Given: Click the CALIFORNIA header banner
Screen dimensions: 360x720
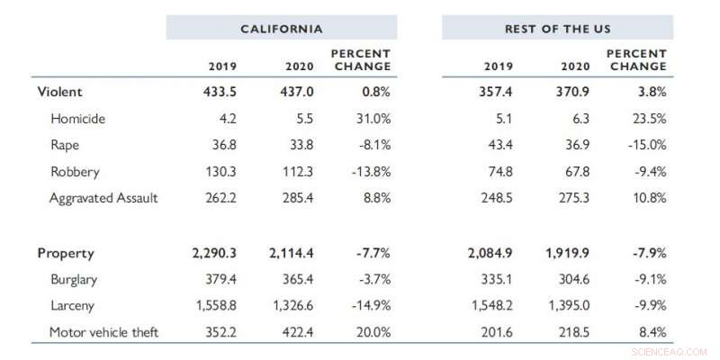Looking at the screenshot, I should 282,29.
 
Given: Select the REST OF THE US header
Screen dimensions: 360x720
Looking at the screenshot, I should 557,29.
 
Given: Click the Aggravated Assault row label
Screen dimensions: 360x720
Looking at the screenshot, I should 103,198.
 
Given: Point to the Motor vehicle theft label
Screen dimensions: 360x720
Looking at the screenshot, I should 103,333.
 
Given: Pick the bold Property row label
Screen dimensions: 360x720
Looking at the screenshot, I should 66,254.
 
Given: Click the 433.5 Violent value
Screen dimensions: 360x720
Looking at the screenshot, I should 220,92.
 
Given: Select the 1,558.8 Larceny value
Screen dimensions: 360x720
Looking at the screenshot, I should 217,306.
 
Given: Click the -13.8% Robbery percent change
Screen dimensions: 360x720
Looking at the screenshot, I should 367,171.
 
